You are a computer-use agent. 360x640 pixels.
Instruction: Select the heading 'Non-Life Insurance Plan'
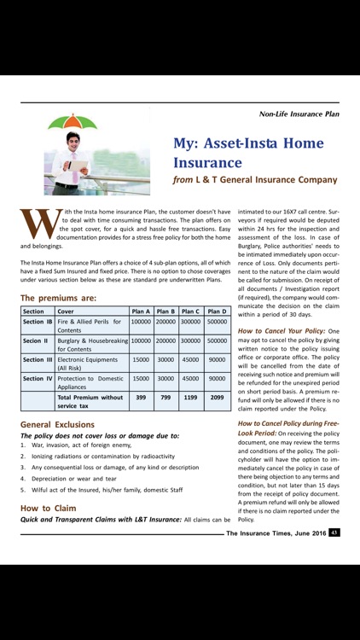(299, 113)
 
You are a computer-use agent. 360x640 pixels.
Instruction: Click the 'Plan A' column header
(142, 311)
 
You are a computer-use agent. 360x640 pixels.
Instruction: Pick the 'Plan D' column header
(218, 311)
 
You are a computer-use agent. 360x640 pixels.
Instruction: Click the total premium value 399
(142, 398)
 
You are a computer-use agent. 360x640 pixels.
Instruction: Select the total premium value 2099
(218, 398)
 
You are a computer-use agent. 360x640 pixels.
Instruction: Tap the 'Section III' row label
(38, 359)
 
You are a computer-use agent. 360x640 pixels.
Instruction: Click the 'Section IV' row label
(38, 378)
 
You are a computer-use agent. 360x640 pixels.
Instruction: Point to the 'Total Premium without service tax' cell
(90, 401)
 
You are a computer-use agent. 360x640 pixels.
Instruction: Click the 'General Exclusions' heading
(57, 424)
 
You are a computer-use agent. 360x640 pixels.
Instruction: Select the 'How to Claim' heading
(47, 508)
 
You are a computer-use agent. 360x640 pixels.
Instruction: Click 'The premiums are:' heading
(58, 298)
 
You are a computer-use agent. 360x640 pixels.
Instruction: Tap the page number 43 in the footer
(334, 532)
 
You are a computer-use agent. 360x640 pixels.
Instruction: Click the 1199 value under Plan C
(192, 398)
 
